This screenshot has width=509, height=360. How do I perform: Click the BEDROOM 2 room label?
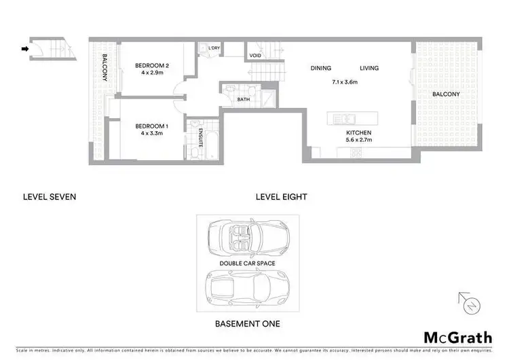coord(151,65)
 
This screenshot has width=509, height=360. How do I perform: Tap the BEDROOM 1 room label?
coord(151,127)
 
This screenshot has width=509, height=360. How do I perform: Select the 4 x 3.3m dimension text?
coord(151,135)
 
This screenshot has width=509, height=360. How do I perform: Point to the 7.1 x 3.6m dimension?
coord(345,82)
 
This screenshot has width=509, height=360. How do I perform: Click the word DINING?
coord(321,68)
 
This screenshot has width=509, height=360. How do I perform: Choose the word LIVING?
coord(369,68)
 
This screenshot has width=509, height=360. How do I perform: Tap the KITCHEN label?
coord(358,134)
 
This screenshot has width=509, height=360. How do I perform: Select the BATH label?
coord(243,100)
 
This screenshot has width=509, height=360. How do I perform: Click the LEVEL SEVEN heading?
coord(49,197)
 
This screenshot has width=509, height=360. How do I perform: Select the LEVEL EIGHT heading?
coord(281,197)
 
